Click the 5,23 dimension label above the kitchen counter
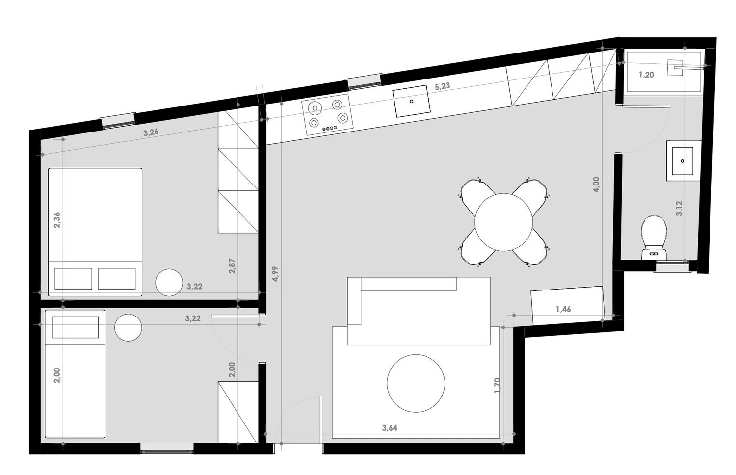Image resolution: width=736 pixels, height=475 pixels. (442, 86)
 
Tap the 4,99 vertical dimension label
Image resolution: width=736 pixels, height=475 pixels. (275, 274)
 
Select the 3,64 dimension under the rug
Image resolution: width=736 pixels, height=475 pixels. (390, 428)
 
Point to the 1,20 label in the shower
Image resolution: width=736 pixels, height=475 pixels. (646, 75)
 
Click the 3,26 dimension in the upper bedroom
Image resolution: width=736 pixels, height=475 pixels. (151, 132)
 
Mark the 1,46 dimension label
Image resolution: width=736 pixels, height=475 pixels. (563, 309)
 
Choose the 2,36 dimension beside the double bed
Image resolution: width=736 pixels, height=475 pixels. (57, 220)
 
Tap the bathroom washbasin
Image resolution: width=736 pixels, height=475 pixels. (683, 161)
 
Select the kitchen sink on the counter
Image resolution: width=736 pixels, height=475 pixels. (411, 101)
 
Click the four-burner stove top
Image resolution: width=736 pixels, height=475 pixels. (328, 115)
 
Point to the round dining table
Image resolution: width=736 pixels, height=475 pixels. (503, 222)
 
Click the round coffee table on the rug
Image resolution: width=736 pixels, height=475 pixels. (416, 383)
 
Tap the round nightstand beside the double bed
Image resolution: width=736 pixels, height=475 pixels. (169, 283)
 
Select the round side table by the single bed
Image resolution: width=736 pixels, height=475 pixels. (128, 327)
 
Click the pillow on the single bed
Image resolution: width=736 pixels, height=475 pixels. (75, 327)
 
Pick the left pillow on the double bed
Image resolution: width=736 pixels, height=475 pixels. (73, 279)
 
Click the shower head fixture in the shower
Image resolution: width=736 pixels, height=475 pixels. (675, 67)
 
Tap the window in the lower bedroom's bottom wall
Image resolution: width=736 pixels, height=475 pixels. (167, 449)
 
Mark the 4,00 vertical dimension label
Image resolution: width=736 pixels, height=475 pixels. (596, 185)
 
